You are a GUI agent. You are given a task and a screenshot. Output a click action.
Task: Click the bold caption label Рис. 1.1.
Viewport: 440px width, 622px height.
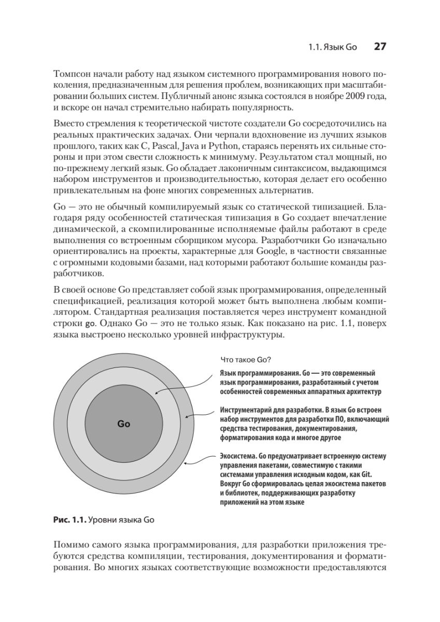click(70, 518)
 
